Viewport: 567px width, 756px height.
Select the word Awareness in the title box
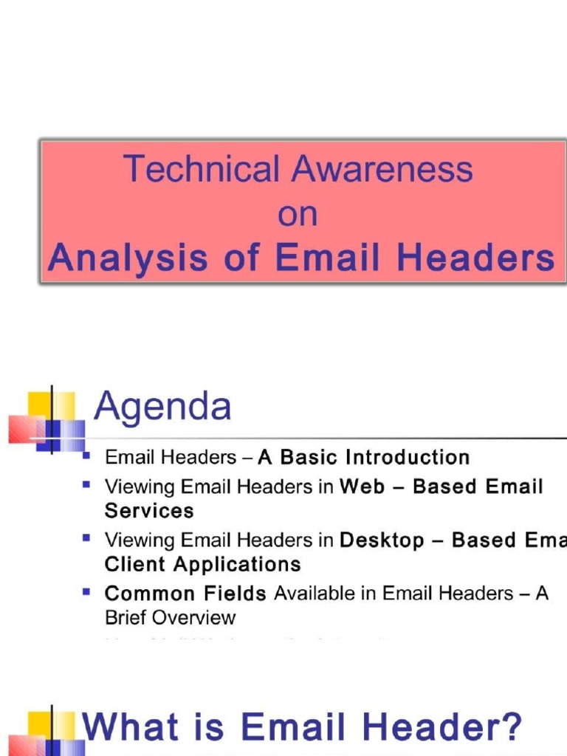pos(382,169)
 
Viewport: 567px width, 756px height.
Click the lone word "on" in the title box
pos(298,214)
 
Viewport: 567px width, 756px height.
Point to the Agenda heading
pos(162,407)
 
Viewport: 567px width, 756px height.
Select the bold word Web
pos(362,487)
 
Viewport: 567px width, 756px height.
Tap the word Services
pos(149,511)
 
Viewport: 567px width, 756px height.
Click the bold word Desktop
pos(382,540)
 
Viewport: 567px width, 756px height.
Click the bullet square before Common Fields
pos(87,591)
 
